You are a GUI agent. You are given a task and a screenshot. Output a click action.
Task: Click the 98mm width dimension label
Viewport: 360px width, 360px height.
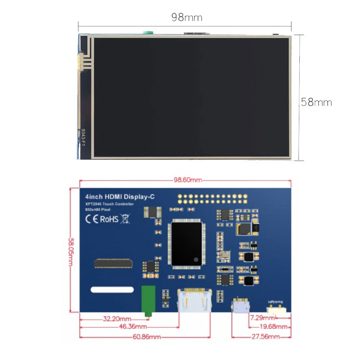click(x=187, y=18)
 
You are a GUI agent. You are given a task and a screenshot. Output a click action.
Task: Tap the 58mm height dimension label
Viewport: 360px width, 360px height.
click(x=316, y=102)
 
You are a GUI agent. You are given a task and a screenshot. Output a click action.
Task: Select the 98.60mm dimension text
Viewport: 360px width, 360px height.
click(x=187, y=180)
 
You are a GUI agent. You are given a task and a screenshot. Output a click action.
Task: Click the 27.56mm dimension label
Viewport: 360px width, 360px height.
click(x=266, y=337)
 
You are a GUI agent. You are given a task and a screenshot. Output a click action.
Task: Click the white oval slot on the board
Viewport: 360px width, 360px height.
click(x=112, y=290)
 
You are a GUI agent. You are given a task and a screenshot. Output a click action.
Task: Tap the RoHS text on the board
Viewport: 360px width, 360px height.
click(x=109, y=219)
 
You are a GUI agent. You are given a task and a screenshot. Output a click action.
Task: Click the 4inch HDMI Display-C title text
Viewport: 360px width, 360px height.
click(x=119, y=197)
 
